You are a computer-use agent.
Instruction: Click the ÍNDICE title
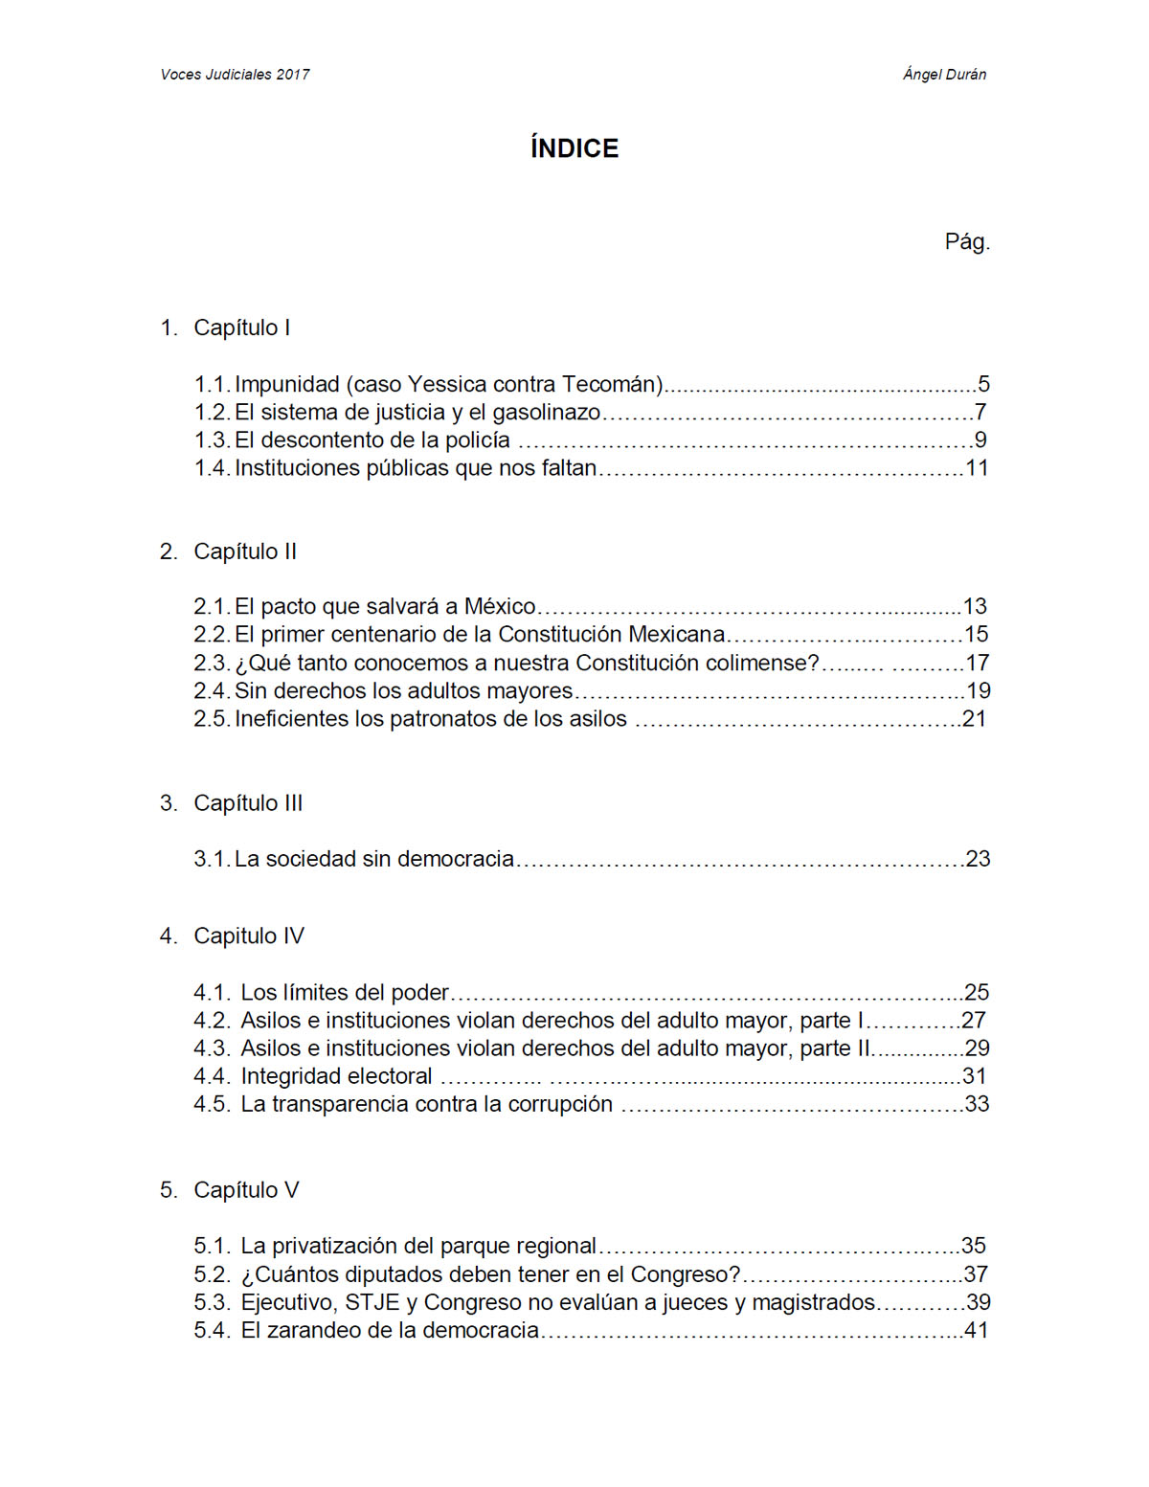click(x=574, y=148)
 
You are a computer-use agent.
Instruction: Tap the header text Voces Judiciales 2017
click(x=235, y=75)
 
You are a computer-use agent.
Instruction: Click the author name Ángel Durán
click(x=944, y=75)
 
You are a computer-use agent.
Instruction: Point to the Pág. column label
click(x=966, y=241)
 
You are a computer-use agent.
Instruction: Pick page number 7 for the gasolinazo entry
click(x=980, y=412)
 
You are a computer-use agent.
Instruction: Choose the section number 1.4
click(x=211, y=467)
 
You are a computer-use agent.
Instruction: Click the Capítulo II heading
click(x=245, y=552)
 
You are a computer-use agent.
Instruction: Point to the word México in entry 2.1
click(x=500, y=606)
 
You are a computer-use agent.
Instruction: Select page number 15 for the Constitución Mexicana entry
click(x=976, y=634)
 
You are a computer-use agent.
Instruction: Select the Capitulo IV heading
click(x=248, y=935)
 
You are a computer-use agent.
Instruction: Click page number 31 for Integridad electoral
click(x=974, y=1076)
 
